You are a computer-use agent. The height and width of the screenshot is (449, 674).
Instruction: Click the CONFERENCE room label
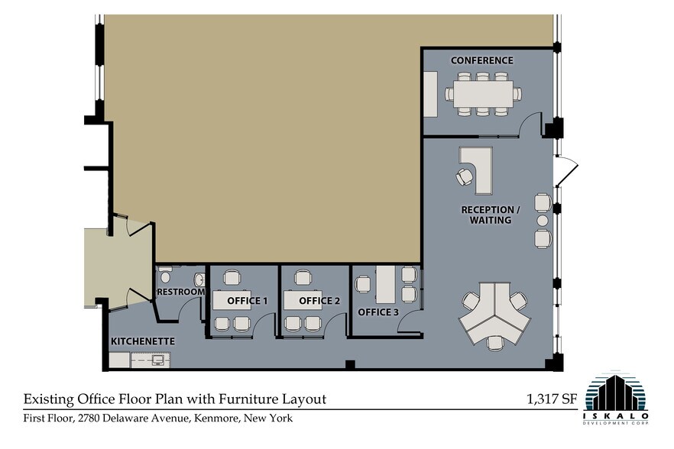coord(481,60)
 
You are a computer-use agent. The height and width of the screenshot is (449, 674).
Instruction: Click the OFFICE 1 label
coord(247,301)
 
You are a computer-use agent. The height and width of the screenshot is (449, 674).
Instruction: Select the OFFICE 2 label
coord(319,301)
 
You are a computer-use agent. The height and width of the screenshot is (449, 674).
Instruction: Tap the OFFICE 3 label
coord(378,312)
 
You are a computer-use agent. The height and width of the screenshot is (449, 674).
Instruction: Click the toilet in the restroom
coord(164,277)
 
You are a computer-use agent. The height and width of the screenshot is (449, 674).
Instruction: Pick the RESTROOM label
coord(180,292)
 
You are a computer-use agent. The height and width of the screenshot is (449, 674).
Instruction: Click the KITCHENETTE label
coord(143,341)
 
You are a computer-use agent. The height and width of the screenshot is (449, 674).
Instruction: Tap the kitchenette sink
coord(159,358)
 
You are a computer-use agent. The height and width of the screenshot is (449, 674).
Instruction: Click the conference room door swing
coord(531,122)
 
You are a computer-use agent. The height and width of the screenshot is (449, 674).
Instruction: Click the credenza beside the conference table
coord(430,94)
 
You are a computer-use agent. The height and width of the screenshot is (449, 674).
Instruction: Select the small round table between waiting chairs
coord(543,221)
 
